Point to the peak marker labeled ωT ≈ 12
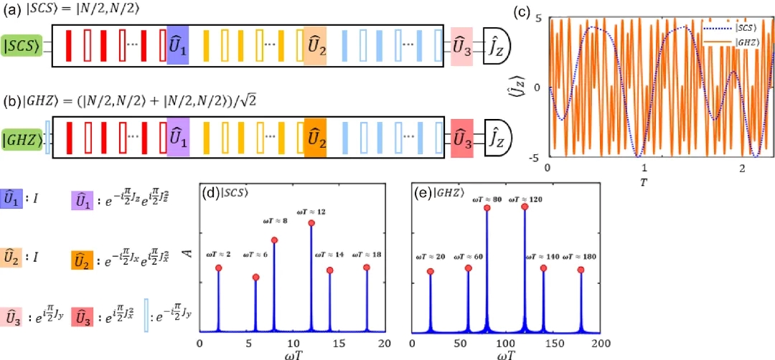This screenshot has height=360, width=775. [311, 223]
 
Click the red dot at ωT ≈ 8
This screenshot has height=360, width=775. [274, 240]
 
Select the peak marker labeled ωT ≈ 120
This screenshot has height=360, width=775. [525, 207]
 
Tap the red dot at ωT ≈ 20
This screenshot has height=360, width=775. [431, 272]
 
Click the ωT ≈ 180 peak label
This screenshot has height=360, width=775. [581, 255]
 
